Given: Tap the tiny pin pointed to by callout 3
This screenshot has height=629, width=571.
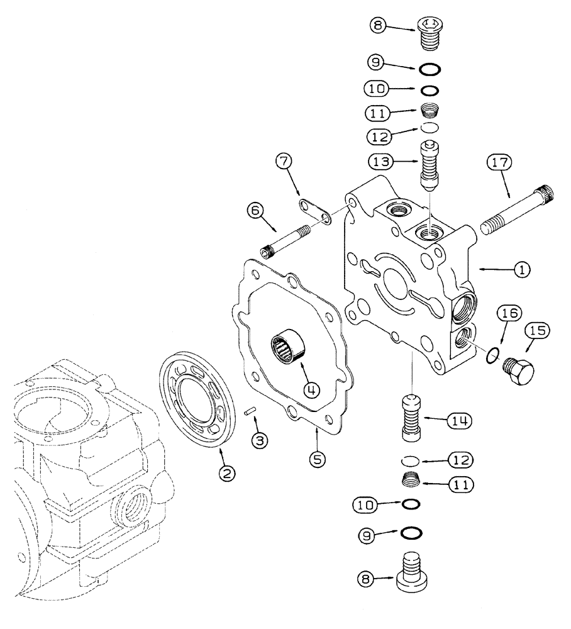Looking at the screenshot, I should pos(250,411).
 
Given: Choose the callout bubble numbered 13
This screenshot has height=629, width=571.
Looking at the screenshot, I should pos(381,162).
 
